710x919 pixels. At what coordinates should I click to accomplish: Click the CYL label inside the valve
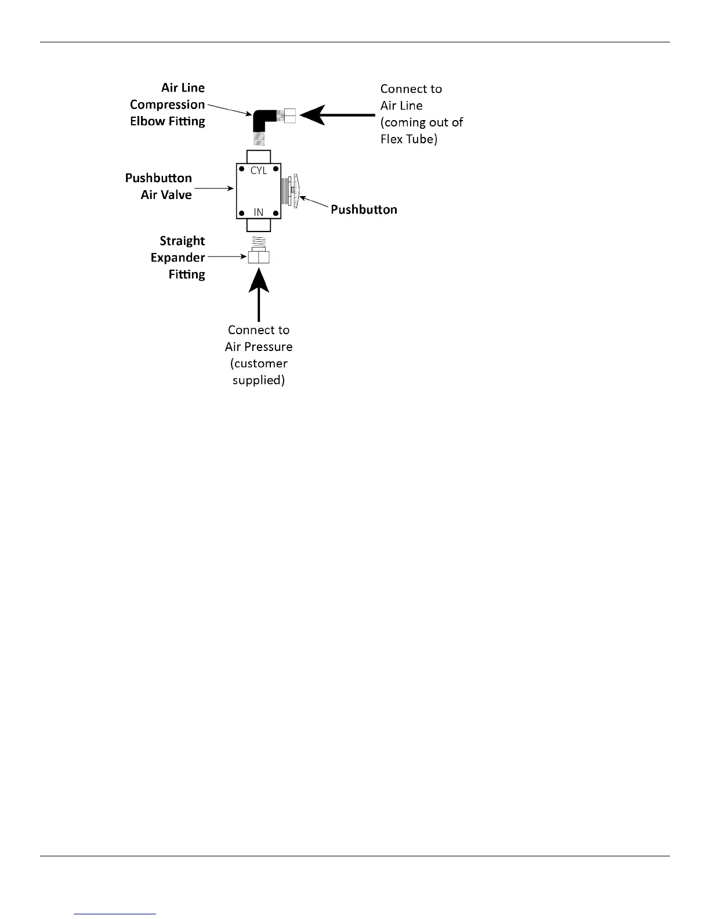259,171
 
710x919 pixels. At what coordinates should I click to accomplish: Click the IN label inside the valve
259,212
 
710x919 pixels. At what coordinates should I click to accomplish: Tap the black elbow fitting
264,120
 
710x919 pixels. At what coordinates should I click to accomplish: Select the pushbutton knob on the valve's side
296,191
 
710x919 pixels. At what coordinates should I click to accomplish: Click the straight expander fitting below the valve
259,256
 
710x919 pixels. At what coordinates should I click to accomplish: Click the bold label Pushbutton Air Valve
158,186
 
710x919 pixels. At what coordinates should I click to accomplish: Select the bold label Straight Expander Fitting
178,257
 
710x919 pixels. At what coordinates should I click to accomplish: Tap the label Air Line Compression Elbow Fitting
168,104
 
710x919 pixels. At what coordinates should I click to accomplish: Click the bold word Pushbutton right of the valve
364,209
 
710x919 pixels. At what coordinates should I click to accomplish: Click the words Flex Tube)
408,139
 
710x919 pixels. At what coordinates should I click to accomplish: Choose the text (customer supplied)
259,372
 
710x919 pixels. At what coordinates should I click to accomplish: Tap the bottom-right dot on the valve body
276,214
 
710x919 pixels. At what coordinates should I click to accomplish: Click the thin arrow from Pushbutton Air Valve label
213,188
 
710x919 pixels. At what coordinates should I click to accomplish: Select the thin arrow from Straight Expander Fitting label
227,256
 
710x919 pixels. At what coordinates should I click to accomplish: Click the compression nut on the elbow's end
289,115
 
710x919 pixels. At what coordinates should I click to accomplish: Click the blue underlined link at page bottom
115,914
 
